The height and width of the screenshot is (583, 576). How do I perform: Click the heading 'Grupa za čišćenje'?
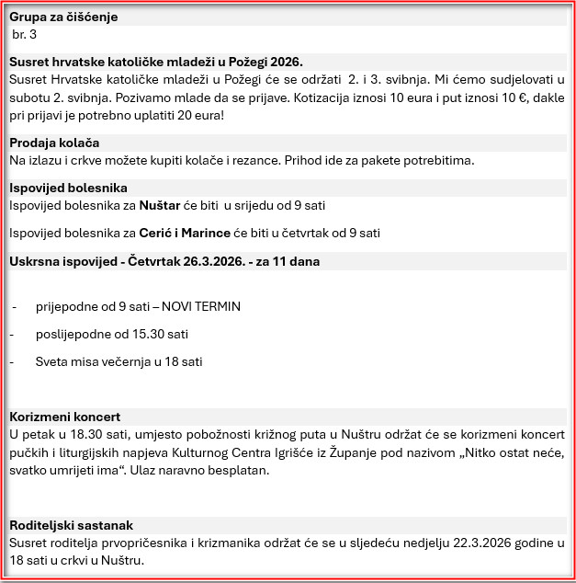click(63, 17)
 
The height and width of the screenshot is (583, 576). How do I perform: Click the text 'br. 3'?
click(25, 34)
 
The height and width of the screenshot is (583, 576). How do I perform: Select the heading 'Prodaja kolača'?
click(67, 143)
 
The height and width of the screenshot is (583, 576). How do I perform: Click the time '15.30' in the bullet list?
click(145, 334)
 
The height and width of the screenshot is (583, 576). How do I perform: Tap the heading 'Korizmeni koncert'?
click(64, 417)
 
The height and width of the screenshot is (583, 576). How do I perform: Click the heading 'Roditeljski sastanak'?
click(72, 526)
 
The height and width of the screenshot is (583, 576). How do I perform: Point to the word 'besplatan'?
click(237, 471)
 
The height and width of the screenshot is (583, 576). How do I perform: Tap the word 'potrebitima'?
click(438, 160)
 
